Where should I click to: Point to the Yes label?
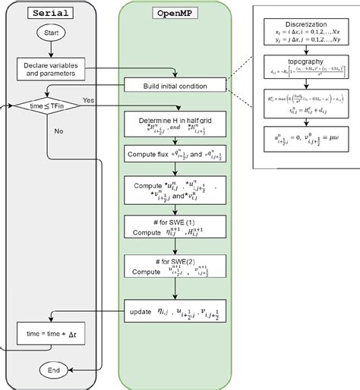89,100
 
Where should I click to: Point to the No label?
59,131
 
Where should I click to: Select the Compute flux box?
175,154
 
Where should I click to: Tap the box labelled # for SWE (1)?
175,226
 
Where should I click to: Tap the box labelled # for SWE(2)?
175,266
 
